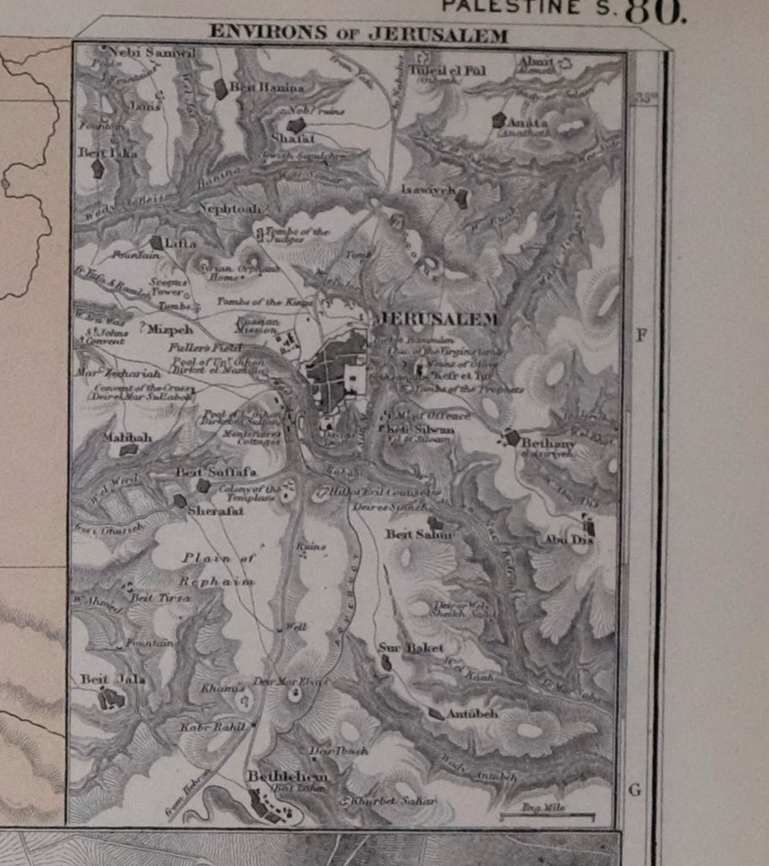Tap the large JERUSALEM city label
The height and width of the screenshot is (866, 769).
[x=438, y=319]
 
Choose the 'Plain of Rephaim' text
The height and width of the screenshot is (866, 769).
[x=215, y=569]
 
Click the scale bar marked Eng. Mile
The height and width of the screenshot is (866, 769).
[x=547, y=816]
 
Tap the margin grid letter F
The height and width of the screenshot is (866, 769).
[x=641, y=336]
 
